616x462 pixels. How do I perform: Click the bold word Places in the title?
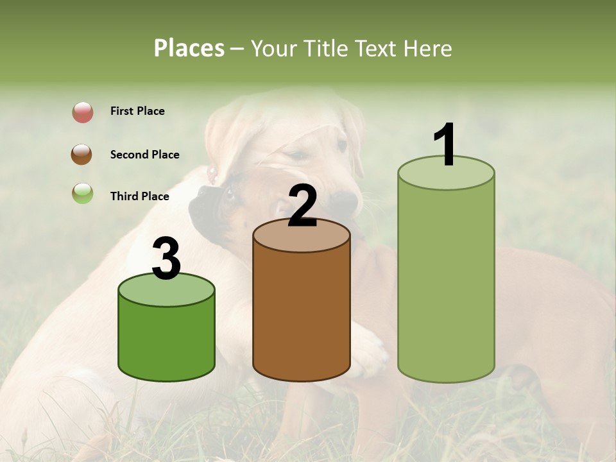(x=189, y=48)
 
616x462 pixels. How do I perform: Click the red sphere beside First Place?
(x=83, y=112)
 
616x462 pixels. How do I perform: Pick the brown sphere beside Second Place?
(x=82, y=155)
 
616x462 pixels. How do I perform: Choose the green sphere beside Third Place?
(x=82, y=193)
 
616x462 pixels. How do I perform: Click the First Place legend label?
(x=137, y=111)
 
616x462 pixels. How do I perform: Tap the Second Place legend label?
(x=144, y=155)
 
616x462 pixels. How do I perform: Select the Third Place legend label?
(x=139, y=196)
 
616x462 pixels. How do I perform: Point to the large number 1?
(x=445, y=144)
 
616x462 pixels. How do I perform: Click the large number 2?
(x=302, y=206)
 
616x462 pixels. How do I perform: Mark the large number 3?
(x=166, y=259)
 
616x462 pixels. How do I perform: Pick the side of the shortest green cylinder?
(x=166, y=340)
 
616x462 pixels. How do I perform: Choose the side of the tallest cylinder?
(x=446, y=282)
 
